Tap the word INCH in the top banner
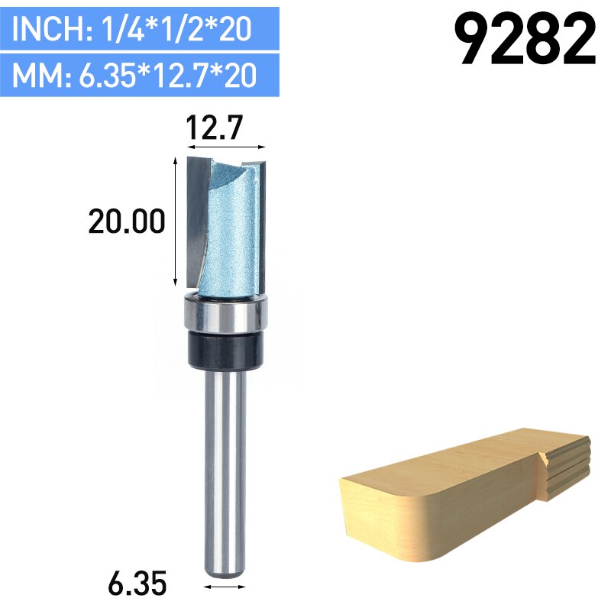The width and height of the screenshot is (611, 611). pyautogui.click(x=45, y=30)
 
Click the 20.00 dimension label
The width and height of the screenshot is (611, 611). pyautogui.click(x=127, y=222)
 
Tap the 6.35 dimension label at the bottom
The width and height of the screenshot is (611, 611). pyautogui.click(x=137, y=585)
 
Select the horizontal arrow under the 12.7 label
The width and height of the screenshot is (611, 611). pyautogui.click(x=226, y=146)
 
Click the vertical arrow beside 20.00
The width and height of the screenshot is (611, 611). pyautogui.click(x=177, y=221)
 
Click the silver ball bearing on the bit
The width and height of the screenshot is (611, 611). pyautogui.click(x=226, y=314)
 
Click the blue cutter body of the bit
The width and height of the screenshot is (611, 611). pyautogui.click(x=228, y=229)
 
